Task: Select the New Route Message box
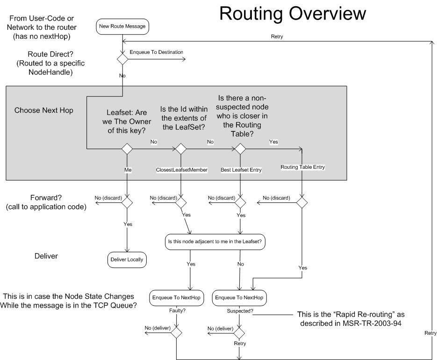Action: tap(122, 27)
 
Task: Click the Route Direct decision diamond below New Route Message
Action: tap(122, 59)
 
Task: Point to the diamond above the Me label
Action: tap(127, 149)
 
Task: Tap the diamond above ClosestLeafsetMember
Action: tap(180, 149)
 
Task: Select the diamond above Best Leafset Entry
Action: tap(240, 149)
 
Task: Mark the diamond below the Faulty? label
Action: tap(176, 332)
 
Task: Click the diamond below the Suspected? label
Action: tap(240, 332)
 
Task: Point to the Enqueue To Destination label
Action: tap(156, 52)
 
